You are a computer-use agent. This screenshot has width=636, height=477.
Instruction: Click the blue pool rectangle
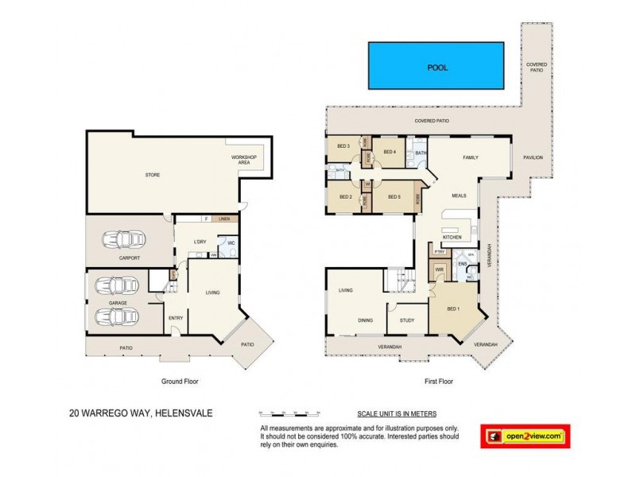click(438, 66)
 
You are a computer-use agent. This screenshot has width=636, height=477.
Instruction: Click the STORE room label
click(153, 174)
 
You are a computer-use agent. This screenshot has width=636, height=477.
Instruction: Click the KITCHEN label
click(452, 238)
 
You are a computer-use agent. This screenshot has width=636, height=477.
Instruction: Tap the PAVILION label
click(533, 157)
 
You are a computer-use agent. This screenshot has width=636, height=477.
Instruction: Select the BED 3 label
click(343, 145)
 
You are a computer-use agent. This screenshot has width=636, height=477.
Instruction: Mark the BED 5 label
click(394, 196)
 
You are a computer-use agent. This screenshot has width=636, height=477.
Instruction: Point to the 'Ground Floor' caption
click(179, 382)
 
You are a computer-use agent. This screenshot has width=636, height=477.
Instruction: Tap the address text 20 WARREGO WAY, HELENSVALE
click(142, 413)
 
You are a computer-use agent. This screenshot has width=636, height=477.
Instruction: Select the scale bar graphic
click(290, 414)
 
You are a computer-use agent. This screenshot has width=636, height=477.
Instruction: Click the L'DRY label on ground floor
click(200, 242)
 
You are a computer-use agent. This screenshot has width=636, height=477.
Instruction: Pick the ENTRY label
click(176, 319)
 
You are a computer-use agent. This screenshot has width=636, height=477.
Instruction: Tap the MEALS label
click(459, 195)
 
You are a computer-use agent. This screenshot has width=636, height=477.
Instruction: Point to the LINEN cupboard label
click(226, 218)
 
